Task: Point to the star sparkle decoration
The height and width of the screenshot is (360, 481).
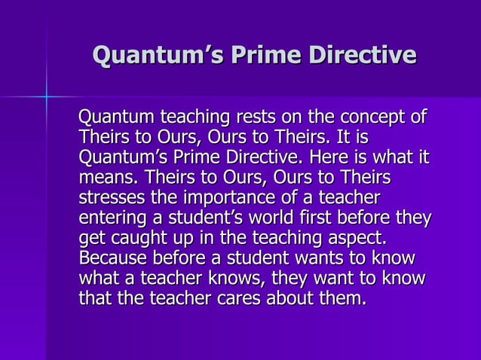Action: (46, 96)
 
